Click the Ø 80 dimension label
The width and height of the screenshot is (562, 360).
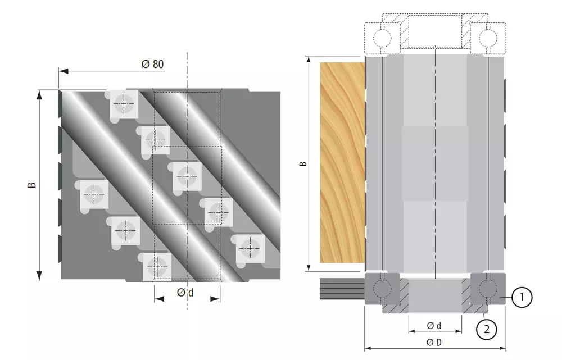click(153, 64)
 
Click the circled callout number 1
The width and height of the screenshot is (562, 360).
click(522, 297)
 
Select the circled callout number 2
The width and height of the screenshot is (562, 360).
click(486, 329)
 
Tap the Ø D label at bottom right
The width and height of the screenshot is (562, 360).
click(434, 343)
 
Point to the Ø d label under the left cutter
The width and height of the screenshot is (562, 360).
click(185, 293)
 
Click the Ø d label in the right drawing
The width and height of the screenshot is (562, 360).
click(434, 326)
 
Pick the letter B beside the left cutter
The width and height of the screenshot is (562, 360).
click(32, 185)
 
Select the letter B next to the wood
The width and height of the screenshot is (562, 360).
click(303, 163)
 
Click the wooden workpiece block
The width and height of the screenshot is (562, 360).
click(342, 162)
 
